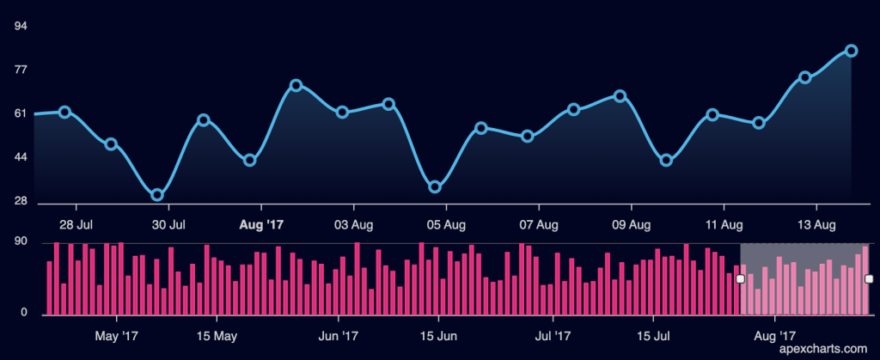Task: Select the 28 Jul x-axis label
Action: click(x=76, y=225)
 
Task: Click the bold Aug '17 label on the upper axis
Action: click(x=260, y=225)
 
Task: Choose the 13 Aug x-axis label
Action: click(x=816, y=225)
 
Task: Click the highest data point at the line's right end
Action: click(x=851, y=51)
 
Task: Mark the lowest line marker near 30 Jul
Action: click(x=157, y=195)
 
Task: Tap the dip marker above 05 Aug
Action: click(x=435, y=186)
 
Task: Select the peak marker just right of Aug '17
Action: click(x=296, y=85)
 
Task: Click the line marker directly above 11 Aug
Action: click(x=712, y=114)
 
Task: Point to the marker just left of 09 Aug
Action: click(x=620, y=96)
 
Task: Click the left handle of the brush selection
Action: click(x=740, y=279)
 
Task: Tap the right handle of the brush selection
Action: click(x=869, y=278)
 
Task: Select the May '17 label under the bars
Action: click(x=117, y=334)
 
